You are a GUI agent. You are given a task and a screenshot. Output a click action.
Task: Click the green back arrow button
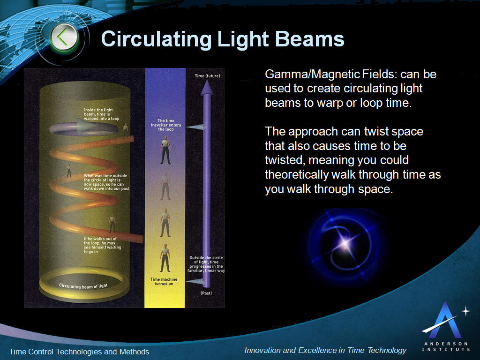(64, 38)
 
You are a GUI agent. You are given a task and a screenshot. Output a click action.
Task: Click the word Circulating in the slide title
(156, 39)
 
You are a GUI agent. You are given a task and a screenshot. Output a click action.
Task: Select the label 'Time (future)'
(207, 76)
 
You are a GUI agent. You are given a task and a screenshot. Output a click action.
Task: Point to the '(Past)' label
(206, 293)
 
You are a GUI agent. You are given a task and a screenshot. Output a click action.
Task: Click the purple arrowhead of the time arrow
(207, 87)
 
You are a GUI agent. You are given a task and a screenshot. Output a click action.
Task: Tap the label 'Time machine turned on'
(164, 282)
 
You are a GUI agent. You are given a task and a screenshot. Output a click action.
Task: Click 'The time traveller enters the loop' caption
(166, 125)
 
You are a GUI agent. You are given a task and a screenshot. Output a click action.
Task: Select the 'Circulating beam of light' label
(83, 286)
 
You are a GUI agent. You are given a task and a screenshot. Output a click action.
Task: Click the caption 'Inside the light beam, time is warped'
(101, 114)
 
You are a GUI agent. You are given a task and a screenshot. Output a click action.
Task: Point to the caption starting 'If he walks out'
(102, 245)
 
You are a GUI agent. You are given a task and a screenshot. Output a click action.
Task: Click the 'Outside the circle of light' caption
(206, 264)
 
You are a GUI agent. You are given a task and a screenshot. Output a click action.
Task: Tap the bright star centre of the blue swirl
(345, 243)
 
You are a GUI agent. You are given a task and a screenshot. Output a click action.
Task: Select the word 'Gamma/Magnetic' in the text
(312, 75)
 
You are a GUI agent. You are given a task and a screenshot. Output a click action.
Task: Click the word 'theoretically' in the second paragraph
(296, 175)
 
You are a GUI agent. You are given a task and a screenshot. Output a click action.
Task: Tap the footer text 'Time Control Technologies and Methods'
(79, 352)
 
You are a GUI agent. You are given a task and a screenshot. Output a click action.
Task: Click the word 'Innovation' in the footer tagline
(262, 350)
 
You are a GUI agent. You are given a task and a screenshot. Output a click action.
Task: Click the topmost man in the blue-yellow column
(165, 150)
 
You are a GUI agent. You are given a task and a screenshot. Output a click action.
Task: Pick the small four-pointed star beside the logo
(465, 311)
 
